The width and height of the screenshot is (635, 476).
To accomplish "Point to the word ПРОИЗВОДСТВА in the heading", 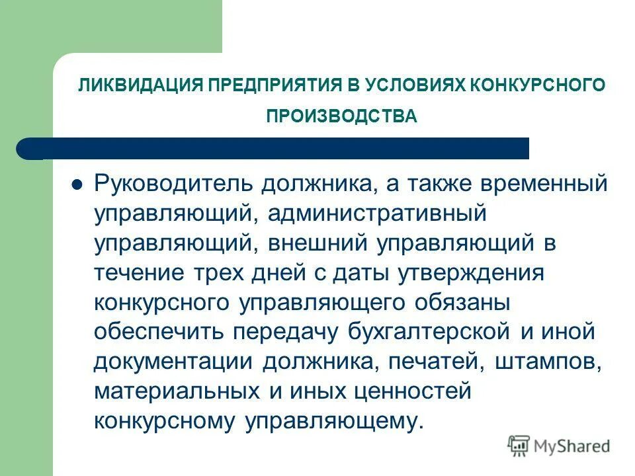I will [341, 117].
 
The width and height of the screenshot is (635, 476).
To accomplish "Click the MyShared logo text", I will [573, 446].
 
